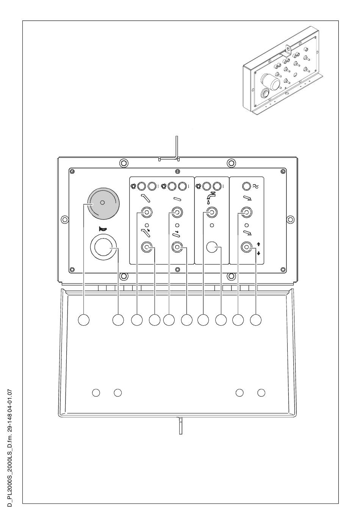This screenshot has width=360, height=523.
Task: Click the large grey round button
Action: point(103,203)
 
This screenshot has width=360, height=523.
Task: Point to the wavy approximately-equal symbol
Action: point(255,186)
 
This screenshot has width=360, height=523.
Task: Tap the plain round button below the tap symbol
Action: point(212,247)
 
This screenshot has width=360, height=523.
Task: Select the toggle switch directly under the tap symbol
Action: point(212,212)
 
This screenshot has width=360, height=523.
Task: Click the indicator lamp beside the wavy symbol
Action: point(246,186)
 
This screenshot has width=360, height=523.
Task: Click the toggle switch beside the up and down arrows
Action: point(246,247)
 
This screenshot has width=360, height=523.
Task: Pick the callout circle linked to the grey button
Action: point(83,320)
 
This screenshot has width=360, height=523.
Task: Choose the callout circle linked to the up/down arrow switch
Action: point(255,320)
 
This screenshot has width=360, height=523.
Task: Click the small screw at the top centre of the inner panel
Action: point(177,171)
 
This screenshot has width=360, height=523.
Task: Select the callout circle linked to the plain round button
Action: point(221,320)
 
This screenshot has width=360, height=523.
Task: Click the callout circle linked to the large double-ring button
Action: point(118,320)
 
